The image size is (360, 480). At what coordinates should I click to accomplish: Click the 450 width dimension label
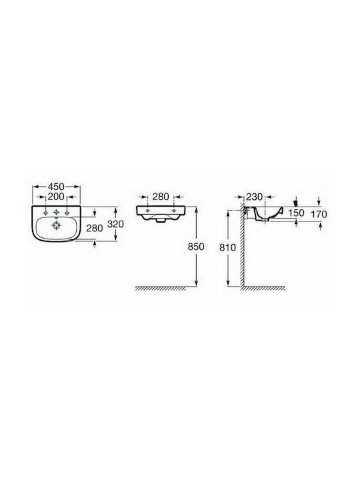tap(56, 187)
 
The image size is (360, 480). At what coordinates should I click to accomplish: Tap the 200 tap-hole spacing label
tap(56, 196)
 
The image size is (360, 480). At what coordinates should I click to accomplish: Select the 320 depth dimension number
tap(116, 224)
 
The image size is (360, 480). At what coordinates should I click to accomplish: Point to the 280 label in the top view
tap(95, 228)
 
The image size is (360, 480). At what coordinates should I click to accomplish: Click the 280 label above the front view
tap(161, 197)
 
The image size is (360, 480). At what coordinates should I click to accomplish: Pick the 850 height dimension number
tap(196, 247)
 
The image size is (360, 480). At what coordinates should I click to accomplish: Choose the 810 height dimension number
tap(228, 247)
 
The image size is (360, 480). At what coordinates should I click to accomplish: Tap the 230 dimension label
tap(255, 197)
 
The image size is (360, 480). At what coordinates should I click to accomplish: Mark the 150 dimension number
tap(296, 213)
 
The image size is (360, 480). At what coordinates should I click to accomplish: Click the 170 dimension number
tap(319, 214)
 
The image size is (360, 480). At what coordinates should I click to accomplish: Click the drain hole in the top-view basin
tap(56, 225)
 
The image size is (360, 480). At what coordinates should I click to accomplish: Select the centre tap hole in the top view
tap(56, 212)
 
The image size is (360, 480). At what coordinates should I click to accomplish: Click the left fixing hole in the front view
tap(147, 211)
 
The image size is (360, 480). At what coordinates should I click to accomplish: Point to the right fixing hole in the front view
tap(175, 211)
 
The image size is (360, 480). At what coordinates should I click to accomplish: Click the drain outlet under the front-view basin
tap(161, 220)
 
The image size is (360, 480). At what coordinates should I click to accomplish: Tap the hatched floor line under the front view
tap(161, 288)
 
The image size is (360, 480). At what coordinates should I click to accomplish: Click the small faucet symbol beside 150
tap(295, 203)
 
